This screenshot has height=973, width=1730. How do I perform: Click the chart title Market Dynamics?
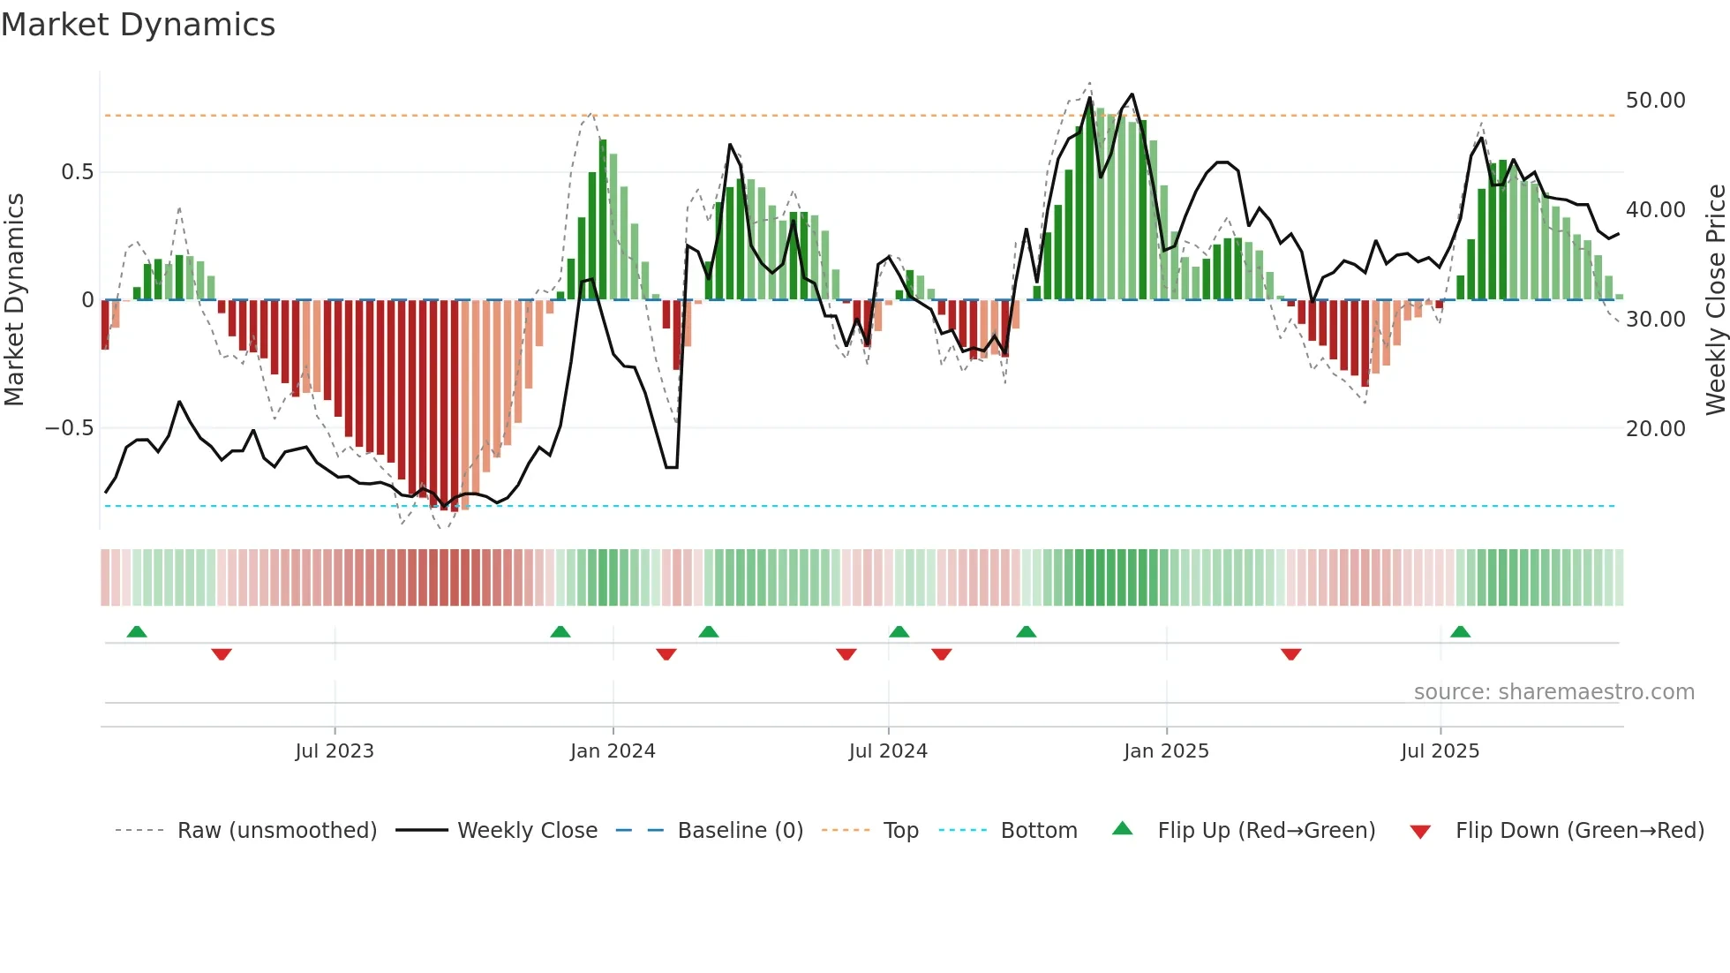click(138, 25)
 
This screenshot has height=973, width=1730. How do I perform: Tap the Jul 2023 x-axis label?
click(335, 751)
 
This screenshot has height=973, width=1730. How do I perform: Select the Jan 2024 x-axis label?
click(613, 751)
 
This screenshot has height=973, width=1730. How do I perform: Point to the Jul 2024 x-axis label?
click(888, 751)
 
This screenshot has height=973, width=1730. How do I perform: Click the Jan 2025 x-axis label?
click(1166, 751)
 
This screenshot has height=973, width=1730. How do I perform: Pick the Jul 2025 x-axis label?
click(1440, 751)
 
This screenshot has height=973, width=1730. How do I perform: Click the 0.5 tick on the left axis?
click(77, 172)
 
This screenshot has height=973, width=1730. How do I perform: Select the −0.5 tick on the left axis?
click(69, 428)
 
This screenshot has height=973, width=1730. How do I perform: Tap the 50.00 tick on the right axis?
click(1655, 101)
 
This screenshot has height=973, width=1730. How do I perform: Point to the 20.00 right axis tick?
click(1655, 429)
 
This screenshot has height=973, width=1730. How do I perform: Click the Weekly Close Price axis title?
click(1715, 300)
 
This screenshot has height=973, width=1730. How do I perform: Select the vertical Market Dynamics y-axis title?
click(14, 300)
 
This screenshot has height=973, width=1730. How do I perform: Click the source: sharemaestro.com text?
click(1553, 692)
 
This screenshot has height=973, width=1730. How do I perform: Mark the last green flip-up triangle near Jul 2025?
click(1460, 632)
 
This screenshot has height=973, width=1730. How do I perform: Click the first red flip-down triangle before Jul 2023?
click(222, 653)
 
